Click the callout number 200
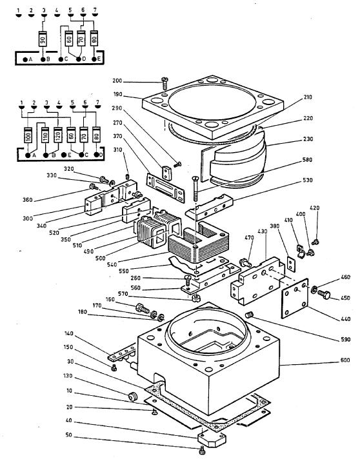pos(135,81)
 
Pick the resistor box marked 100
pos(28,137)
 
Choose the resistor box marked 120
pos(57,137)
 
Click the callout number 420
pos(314,208)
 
